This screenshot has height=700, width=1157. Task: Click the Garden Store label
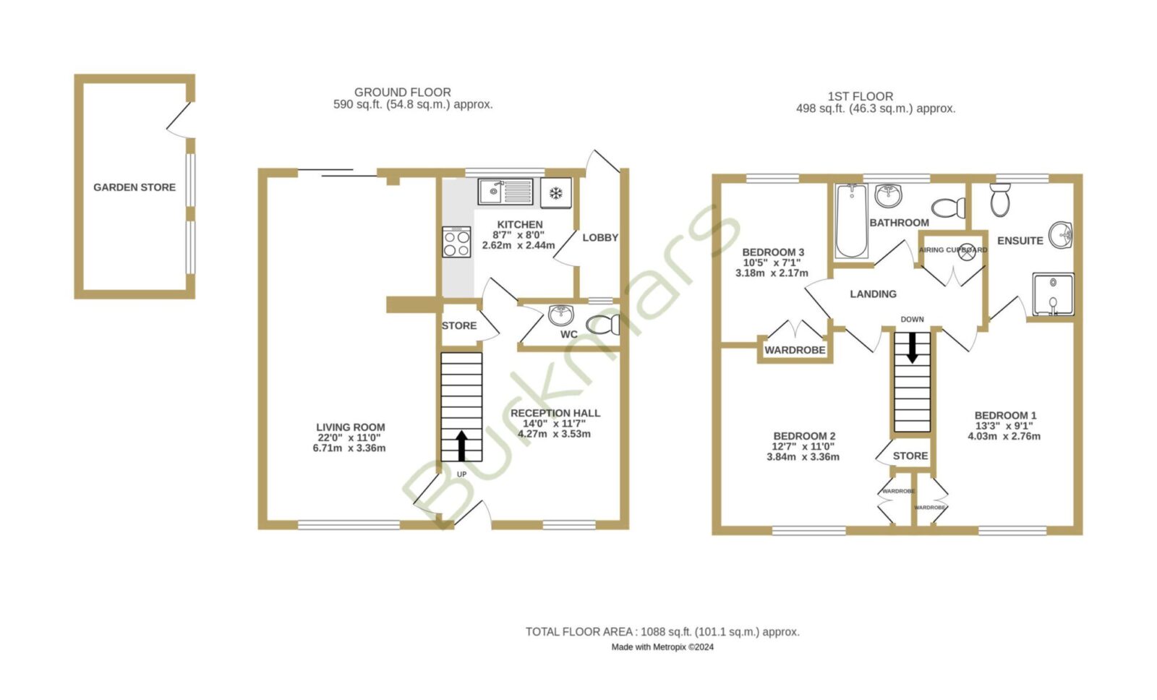coord(135,187)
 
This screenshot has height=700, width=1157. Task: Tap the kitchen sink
coord(505,192)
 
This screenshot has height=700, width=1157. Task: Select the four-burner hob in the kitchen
coord(456,242)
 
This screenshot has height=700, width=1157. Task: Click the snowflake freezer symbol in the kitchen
coord(556,193)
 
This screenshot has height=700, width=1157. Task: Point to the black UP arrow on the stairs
coord(461,446)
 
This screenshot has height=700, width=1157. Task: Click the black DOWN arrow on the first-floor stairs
coord(912,347)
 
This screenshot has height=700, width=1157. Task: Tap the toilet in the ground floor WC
coord(603,325)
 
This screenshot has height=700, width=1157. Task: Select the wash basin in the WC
coord(561,315)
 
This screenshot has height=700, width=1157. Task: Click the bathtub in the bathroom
coord(851,221)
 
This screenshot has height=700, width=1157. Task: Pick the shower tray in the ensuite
coord(1053,294)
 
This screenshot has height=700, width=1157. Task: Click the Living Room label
coord(351,427)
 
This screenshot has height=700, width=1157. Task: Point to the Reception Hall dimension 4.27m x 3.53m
coord(554,434)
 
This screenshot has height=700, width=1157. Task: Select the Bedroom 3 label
coord(773,252)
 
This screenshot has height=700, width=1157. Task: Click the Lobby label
coord(600,238)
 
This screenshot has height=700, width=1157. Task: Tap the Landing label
coord(874,294)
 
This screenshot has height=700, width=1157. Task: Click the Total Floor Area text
coord(662,632)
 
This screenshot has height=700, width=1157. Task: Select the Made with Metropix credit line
coord(662,646)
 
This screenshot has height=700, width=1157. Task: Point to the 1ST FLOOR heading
coord(861,97)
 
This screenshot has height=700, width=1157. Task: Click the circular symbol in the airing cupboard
coord(967,252)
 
